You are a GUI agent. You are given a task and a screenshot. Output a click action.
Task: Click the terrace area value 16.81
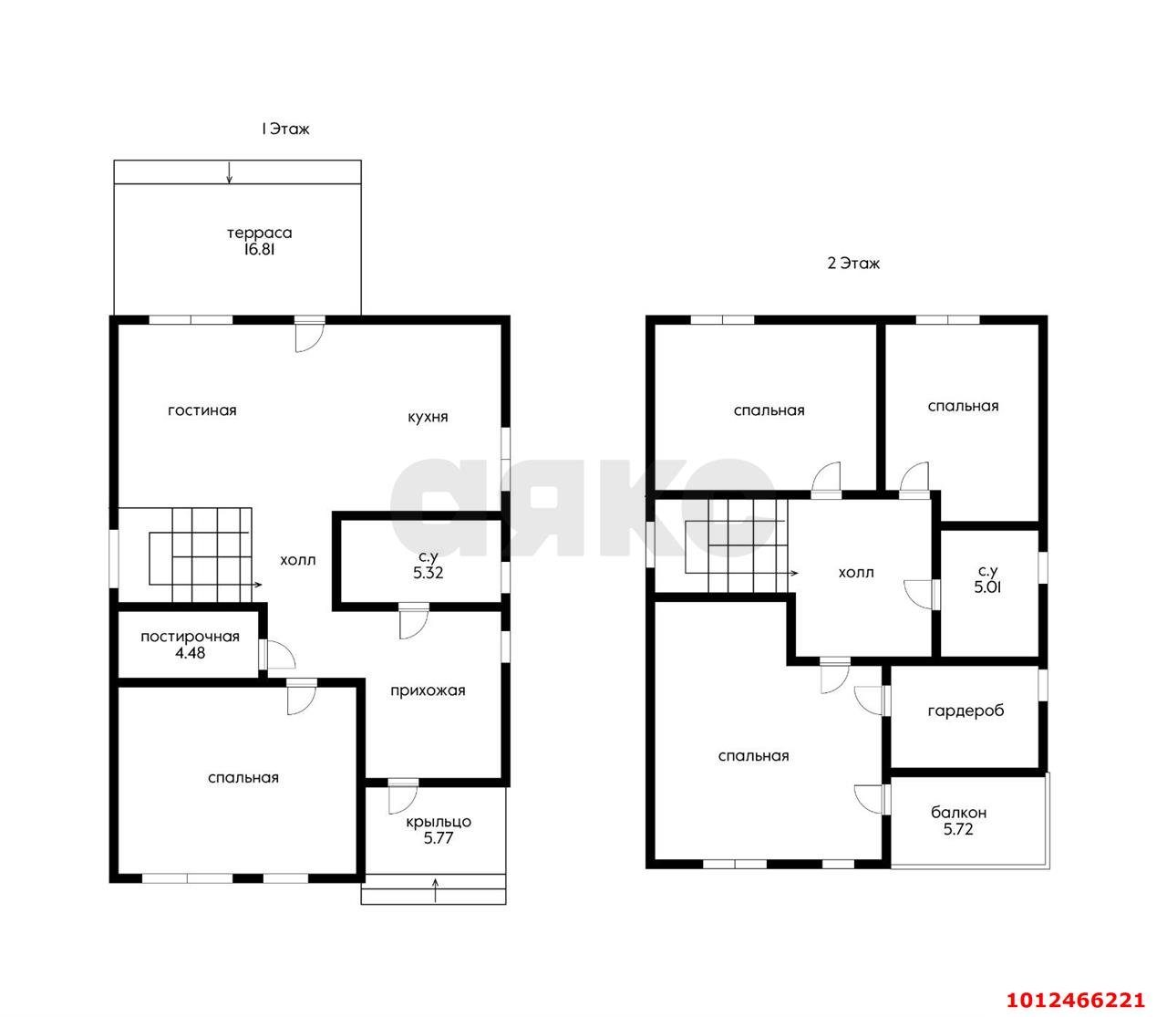pos(259,249)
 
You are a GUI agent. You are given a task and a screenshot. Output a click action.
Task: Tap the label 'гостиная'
pos(201,410)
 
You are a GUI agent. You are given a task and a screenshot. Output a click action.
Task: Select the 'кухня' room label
pos(428,417)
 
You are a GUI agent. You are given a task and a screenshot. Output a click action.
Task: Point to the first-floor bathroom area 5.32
pos(428,573)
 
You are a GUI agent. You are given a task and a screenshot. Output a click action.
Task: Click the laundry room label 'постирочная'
pos(190,638)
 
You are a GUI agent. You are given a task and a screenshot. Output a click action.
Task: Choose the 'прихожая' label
pos(428,690)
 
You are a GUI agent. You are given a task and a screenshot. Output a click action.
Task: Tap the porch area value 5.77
pos(438,838)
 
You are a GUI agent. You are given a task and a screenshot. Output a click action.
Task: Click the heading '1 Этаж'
pos(285,129)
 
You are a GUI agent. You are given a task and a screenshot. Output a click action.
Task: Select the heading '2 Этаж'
pos(853,264)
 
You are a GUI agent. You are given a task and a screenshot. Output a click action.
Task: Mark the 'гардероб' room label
pos(966,711)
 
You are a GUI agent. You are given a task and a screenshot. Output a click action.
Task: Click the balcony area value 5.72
pos(958,829)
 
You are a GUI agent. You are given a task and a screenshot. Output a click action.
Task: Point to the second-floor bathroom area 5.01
pos(988,586)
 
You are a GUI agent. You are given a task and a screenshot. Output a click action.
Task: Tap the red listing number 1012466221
pos(1075,1001)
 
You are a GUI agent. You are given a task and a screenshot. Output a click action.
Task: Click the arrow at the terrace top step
pos(229,172)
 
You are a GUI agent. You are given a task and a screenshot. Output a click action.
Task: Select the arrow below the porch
pos(435,890)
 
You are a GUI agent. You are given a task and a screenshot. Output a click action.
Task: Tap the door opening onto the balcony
pos(869,799)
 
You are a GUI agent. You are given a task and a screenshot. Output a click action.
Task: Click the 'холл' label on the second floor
pos(855,573)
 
